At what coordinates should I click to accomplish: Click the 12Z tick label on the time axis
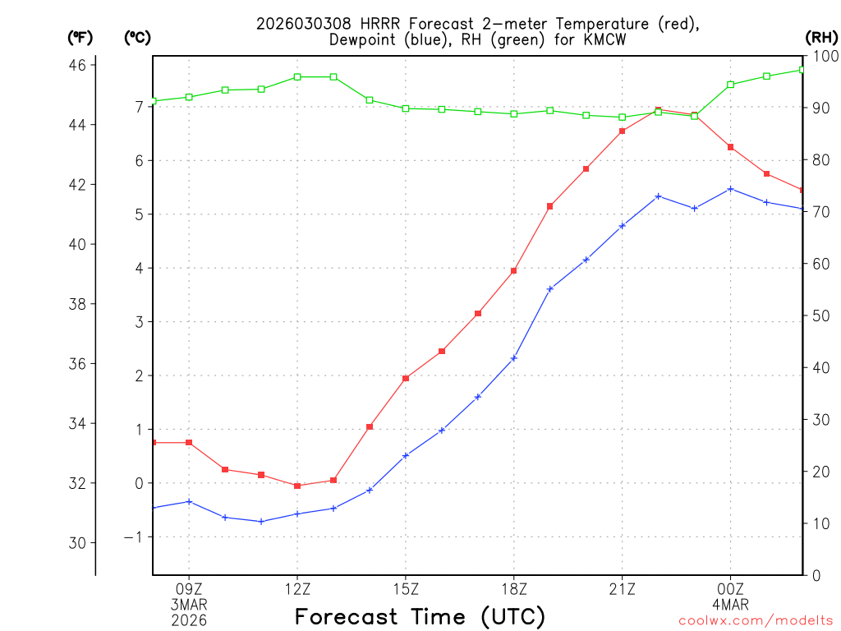click(297, 588)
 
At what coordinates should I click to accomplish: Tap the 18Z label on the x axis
click(514, 588)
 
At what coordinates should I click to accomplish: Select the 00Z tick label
click(730, 588)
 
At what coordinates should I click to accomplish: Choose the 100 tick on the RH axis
click(823, 56)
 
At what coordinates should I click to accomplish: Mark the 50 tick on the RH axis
click(820, 315)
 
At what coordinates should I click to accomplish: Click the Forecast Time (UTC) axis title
click(420, 616)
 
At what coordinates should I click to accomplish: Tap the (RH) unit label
click(821, 37)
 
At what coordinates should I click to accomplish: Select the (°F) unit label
click(80, 37)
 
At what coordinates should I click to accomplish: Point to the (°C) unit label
click(137, 37)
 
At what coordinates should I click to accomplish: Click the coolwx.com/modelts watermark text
click(756, 620)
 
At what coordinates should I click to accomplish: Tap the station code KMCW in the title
click(604, 40)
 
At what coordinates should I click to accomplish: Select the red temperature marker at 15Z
click(406, 378)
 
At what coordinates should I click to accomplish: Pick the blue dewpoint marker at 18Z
click(514, 358)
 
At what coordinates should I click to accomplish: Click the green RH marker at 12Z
click(297, 76)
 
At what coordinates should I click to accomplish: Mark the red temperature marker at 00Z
click(730, 147)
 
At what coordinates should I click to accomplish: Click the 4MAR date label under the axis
click(730, 605)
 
